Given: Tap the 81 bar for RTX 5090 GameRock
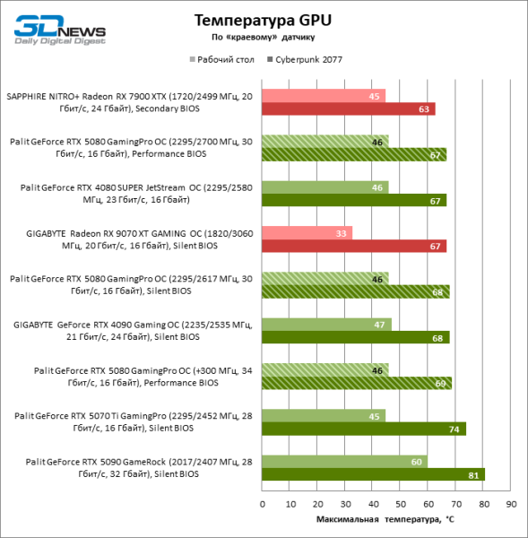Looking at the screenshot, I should [373, 474].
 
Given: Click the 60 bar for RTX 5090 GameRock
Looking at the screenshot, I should [344, 461].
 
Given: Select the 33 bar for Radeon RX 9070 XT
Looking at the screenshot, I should [307, 232].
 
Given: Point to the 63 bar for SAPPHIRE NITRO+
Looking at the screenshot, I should [348, 108].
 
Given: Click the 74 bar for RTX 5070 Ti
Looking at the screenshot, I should [363, 429].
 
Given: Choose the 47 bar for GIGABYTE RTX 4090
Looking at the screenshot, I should [326, 324].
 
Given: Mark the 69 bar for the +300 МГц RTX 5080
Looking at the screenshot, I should [356, 383].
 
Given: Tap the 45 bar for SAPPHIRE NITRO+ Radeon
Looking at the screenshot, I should [324, 95].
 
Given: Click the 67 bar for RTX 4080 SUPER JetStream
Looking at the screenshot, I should [353, 200].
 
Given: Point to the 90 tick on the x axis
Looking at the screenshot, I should [510, 504].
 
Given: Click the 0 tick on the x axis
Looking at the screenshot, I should [262, 504].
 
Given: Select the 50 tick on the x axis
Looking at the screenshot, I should [400, 504].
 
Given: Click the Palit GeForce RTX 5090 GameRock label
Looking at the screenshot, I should [134, 467].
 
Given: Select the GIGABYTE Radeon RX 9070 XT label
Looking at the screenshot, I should [134, 239].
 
